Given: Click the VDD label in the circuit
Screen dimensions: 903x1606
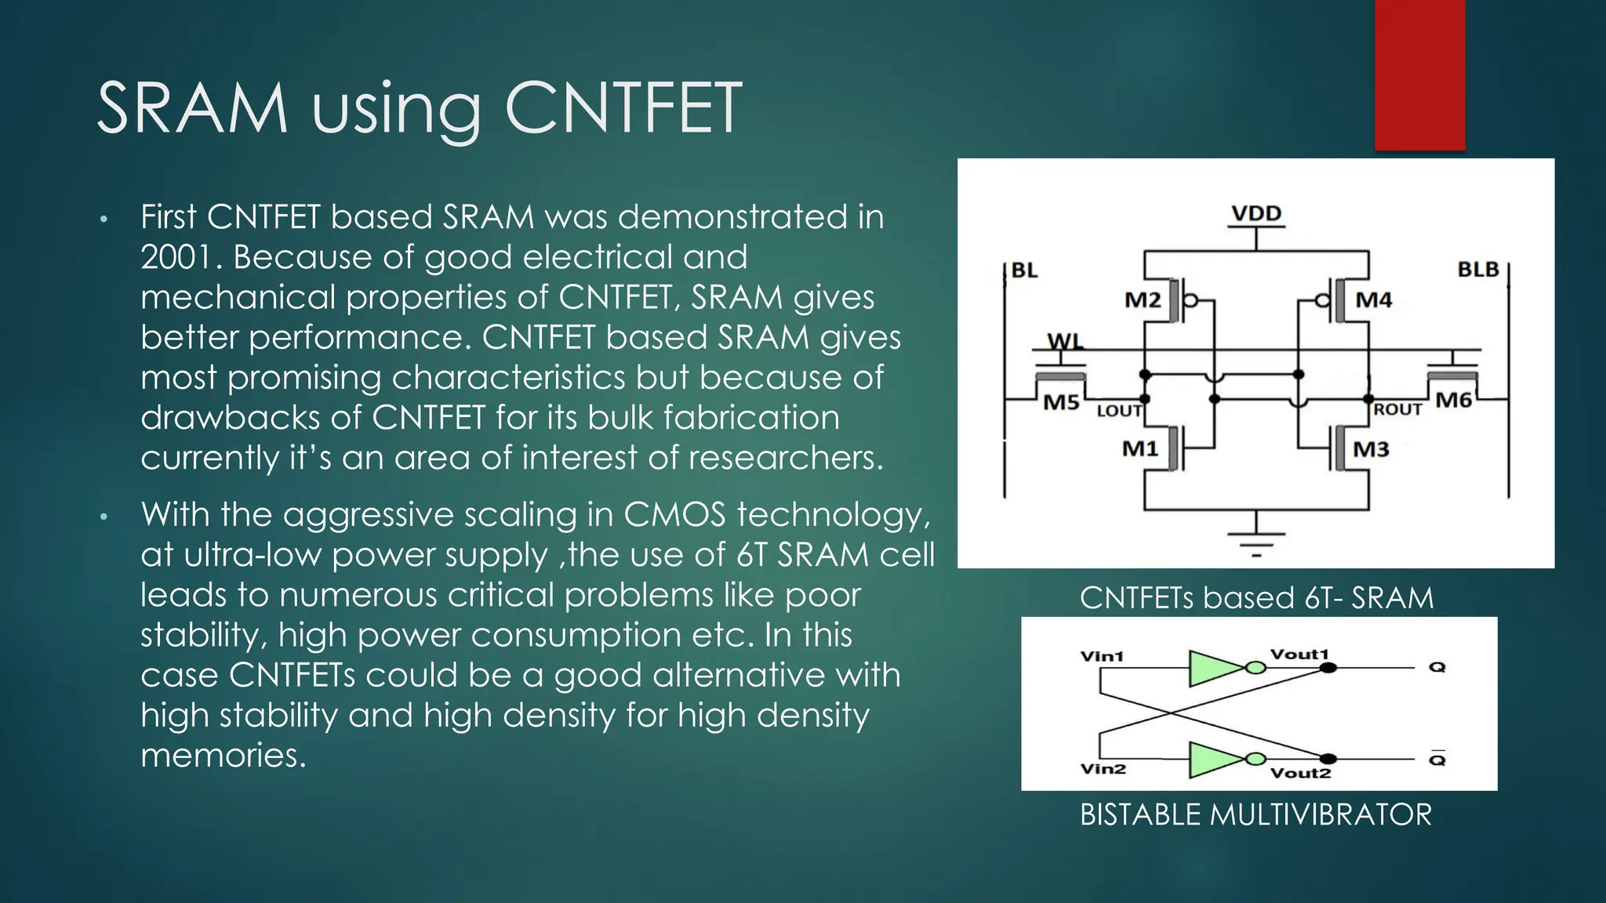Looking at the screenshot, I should pos(1255,213).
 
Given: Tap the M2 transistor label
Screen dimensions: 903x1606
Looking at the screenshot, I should pos(1142,300).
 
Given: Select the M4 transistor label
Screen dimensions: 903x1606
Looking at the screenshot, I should pos(1373,300).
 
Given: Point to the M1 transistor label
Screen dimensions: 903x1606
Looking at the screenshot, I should pos(1139,449).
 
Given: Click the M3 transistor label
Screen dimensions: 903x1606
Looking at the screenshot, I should pos(1371,449).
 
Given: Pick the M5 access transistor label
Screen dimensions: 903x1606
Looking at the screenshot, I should pos(1061,403).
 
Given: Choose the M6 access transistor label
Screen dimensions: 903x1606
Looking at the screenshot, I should pos(1453,401).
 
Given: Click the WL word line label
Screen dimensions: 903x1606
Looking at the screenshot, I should pos(1065,342).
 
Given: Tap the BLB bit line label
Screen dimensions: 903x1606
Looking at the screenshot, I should pos(1477,270).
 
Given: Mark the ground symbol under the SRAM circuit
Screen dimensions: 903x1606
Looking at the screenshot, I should pos(1256,541).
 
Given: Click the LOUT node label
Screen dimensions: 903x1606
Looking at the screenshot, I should pos(1118,411).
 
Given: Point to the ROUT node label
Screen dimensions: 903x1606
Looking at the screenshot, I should pos(1397,410).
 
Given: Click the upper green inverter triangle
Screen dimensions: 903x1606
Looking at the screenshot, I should pos(1215,668).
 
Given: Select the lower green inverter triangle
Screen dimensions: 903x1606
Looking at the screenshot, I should pos(1215,759).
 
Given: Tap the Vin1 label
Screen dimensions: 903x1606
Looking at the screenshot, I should pos(1102,656).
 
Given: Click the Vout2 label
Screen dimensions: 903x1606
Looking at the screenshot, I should pos(1300,773).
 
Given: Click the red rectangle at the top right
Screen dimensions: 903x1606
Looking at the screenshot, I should pos(1419,74).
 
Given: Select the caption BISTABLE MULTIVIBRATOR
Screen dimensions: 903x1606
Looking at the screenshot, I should pos(1255,815).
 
